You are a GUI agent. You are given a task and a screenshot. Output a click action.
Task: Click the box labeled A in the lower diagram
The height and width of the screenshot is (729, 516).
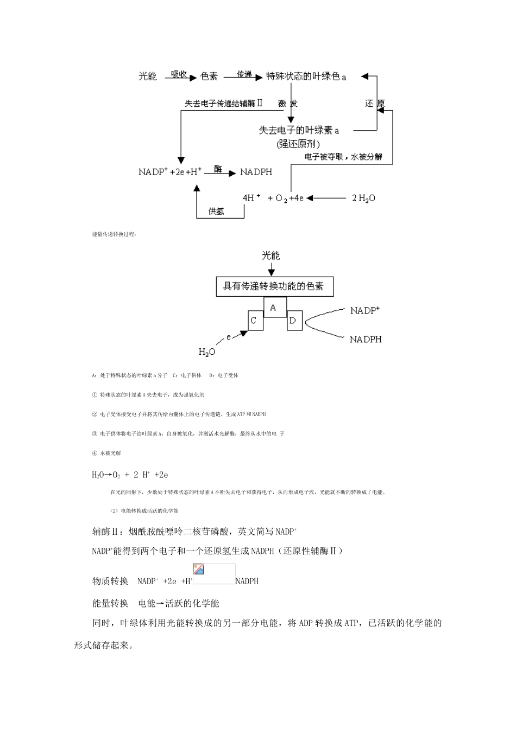coord(273,308)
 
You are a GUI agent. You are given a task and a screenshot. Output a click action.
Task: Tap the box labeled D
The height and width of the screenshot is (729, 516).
coord(292,321)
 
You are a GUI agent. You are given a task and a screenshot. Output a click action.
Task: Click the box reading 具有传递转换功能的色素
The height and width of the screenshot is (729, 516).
coord(274,286)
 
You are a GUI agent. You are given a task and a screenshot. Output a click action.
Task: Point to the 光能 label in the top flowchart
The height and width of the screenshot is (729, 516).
coord(148,76)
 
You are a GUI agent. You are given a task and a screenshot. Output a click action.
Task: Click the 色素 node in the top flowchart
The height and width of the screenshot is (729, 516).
coord(209,76)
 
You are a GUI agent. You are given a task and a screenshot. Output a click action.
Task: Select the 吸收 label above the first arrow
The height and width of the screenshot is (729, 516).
coord(179,74)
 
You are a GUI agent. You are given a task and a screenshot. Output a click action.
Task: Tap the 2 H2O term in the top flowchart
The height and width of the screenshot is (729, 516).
coord(363,198)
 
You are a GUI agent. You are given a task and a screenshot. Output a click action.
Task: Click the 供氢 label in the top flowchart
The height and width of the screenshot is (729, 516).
coord(216,212)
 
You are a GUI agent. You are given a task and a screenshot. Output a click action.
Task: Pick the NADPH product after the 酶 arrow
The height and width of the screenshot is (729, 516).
coord(256,172)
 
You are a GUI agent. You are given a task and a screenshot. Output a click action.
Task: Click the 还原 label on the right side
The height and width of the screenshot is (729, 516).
coord(375,104)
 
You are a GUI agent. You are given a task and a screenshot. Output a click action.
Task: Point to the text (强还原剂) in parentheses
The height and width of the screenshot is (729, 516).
coord(298,144)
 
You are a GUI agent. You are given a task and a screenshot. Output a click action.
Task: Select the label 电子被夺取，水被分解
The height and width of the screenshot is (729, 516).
coord(343,157)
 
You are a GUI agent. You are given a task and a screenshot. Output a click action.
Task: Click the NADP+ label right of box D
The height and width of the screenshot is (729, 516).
coord(365,310)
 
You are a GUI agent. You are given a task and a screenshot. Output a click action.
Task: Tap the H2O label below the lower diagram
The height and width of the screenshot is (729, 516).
coord(207,352)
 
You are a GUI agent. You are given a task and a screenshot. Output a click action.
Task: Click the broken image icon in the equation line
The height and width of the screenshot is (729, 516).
coord(199,570)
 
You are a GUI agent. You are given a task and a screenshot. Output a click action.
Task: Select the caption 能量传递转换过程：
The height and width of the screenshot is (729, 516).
coord(115,234)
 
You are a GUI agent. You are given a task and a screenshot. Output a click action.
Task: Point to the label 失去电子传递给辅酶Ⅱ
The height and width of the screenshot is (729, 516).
coord(223,103)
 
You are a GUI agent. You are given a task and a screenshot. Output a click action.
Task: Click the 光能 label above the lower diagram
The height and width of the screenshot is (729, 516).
coord(271,255)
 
